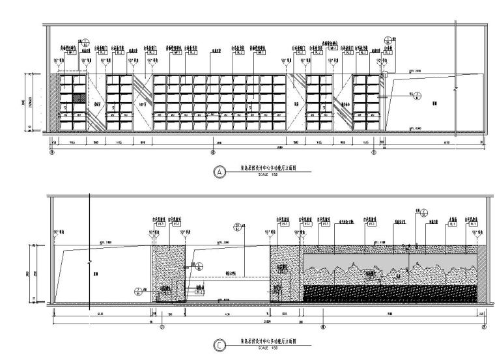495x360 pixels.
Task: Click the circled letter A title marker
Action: click(x=220, y=173)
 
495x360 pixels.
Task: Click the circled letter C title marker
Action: click(x=220, y=348)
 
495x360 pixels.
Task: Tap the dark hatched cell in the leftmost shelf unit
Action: click(x=78, y=98)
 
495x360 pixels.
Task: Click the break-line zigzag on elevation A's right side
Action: click(x=457, y=87)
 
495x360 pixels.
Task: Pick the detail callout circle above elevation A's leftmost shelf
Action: click(x=83, y=42)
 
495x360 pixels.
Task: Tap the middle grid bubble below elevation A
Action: click(x=214, y=154)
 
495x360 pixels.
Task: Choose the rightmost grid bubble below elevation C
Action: click(x=484, y=328)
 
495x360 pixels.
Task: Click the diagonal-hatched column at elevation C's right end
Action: click(x=483, y=273)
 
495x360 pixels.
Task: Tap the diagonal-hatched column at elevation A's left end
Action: click(x=55, y=103)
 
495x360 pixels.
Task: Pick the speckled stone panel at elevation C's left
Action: click(x=168, y=273)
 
